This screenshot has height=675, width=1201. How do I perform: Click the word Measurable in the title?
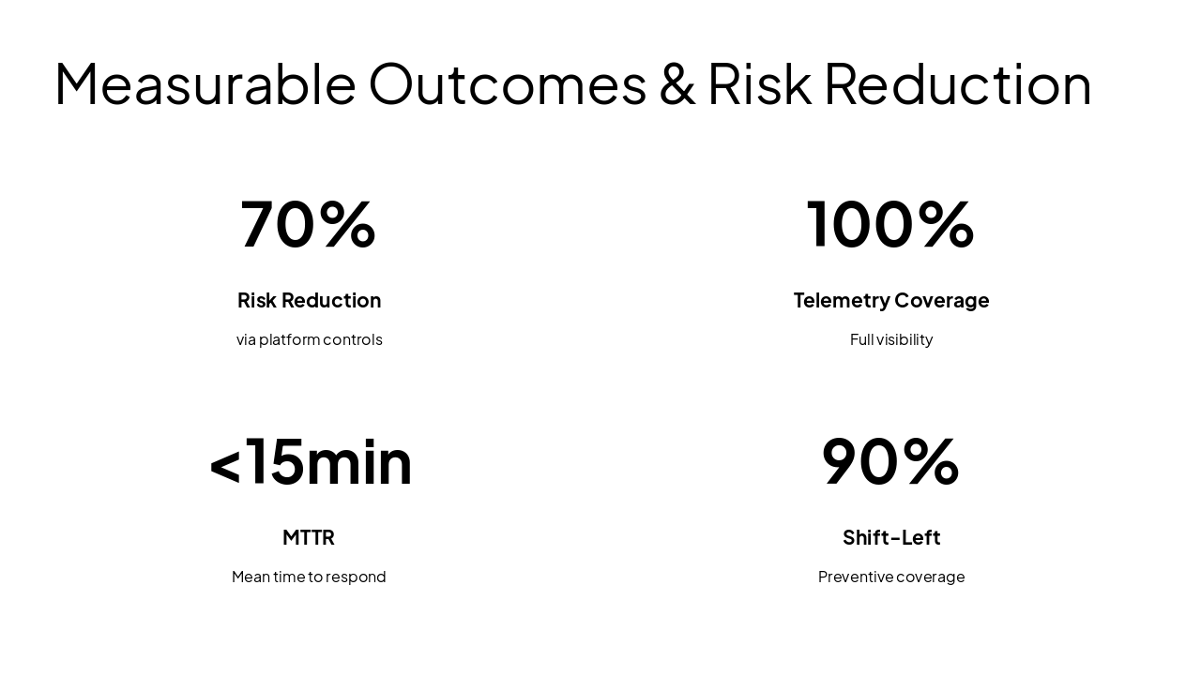(x=205, y=83)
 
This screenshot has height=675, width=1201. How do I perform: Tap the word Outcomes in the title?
(x=508, y=83)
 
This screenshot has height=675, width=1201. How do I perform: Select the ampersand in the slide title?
(x=677, y=83)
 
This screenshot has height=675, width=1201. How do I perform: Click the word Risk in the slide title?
(x=758, y=83)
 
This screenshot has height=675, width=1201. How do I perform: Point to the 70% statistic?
(x=308, y=224)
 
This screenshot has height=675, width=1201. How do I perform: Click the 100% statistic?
(x=890, y=224)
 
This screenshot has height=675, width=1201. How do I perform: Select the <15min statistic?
(x=310, y=461)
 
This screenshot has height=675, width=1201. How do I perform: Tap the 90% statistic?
(x=890, y=461)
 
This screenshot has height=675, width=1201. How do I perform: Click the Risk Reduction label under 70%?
(x=309, y=300)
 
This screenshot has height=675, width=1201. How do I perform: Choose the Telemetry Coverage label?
(x=890, y=300)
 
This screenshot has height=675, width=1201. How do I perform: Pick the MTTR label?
(x=308, y=537)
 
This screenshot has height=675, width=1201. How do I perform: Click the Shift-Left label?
(x=890, y=537)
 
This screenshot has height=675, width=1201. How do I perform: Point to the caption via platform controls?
(x=309, y=339)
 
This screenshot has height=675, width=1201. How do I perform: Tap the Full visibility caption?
(x=890, y=339)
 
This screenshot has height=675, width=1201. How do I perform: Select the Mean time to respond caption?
(x=309, y=577)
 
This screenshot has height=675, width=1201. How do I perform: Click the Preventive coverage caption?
(x=890, y=577)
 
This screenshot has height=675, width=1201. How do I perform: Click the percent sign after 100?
(x=946, y=224)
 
